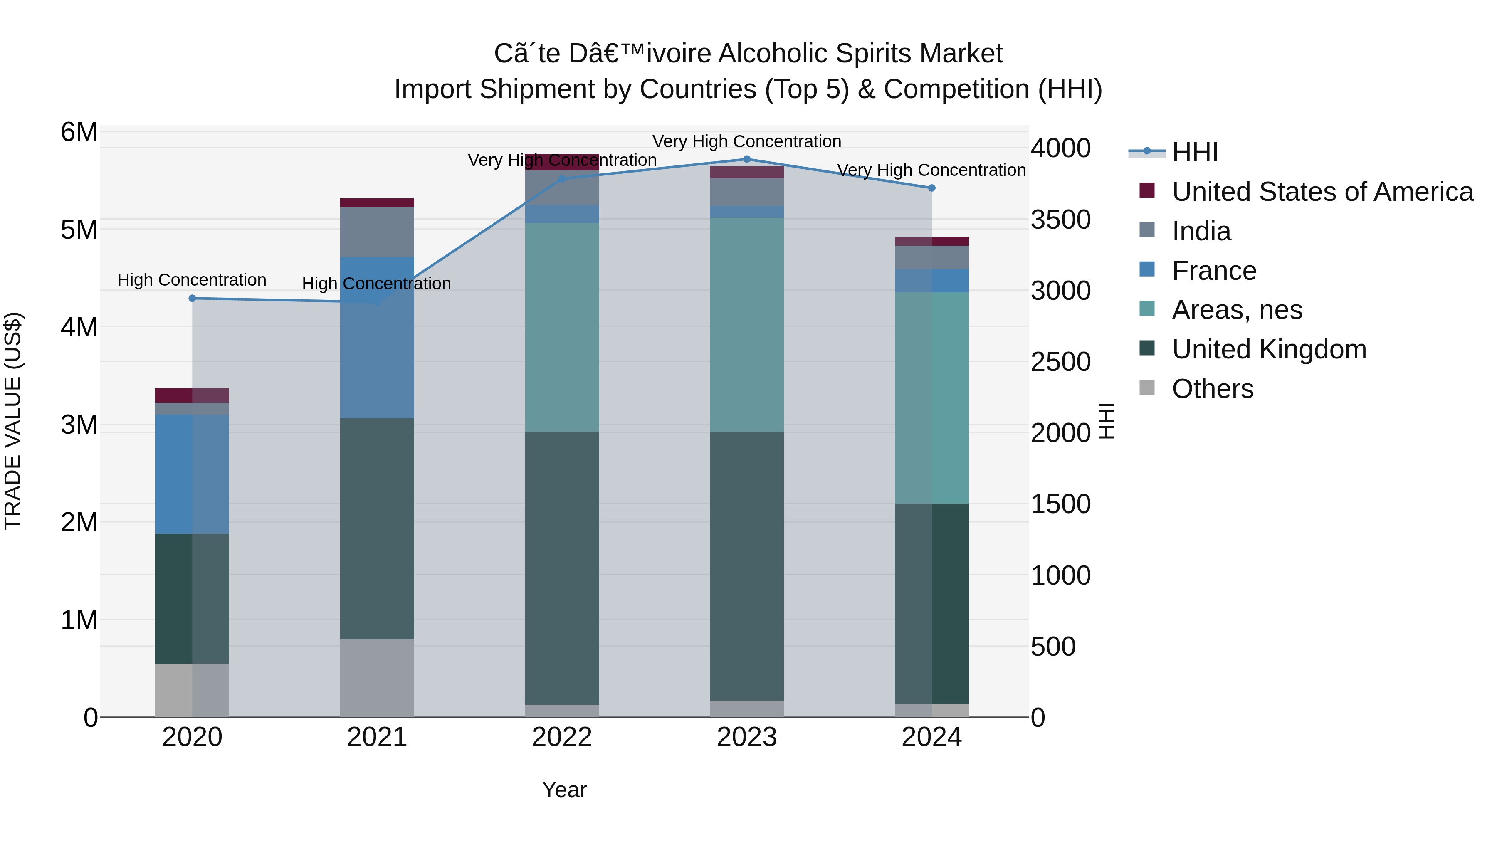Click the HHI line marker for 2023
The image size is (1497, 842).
click(747, 159)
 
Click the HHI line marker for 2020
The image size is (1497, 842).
click(193, 298)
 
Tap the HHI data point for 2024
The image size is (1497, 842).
click(931, 188)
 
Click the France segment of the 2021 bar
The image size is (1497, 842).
click(377, 337)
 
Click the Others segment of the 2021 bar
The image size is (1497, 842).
click(377, 678)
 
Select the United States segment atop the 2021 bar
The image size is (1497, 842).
click(377, 202)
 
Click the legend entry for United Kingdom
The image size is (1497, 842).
click(1269, 349)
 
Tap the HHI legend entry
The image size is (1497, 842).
click(1194, 152)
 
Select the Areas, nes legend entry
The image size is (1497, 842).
click(1237, 310)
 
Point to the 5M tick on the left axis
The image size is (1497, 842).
click(79, 230)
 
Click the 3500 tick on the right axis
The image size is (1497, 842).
click(1060, 220)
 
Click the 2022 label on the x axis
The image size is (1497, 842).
click(562, 737)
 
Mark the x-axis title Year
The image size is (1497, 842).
click(564, 790)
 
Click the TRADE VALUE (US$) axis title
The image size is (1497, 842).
click(13, 421)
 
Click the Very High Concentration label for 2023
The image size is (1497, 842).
click(747, 141)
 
